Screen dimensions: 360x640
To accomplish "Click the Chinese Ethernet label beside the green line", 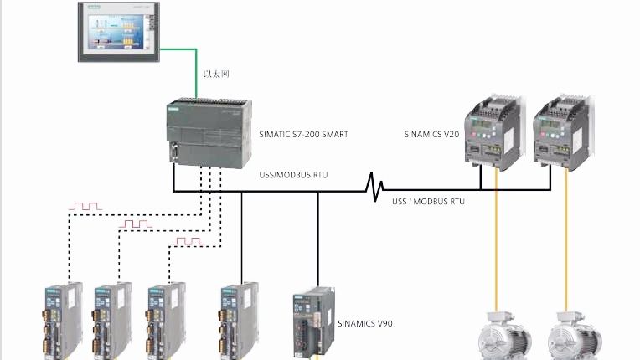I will tap(215, 74).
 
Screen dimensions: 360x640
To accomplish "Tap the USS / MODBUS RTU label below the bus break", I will tap(428, 202).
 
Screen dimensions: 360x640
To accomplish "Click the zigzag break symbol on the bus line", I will tap(374, 183).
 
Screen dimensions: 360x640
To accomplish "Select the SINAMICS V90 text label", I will tap(364, 322).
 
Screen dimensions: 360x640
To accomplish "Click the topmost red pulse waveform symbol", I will tap(85, 205).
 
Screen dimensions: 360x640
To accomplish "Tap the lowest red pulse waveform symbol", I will tap(187, 241).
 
